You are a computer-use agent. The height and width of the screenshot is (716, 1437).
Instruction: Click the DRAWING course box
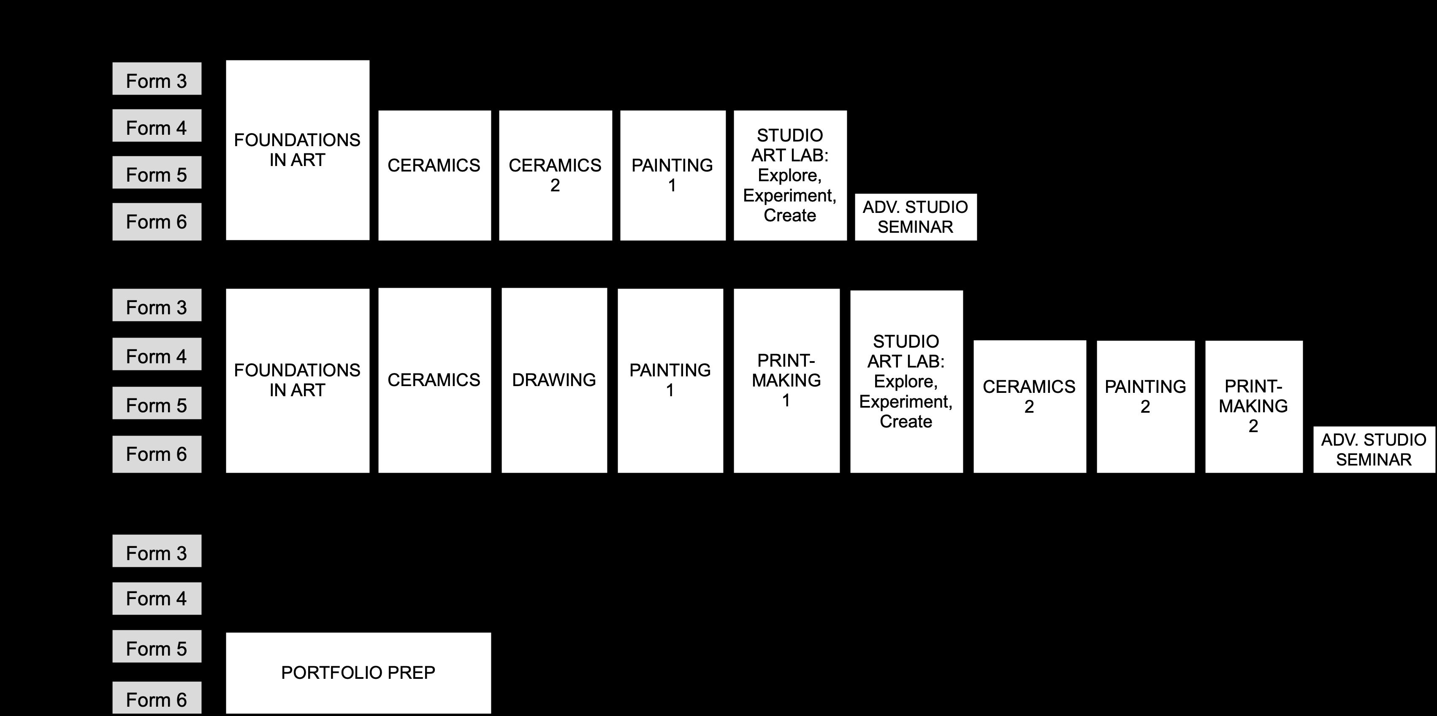coord(554,380)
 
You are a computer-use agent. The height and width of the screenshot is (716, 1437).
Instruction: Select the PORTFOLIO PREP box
coord(358,672)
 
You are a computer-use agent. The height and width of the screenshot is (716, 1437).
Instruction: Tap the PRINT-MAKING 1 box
coord(786,380)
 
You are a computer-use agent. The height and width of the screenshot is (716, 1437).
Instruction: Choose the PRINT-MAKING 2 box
coord(1253,406)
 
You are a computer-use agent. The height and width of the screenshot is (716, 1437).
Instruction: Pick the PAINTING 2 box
coord(1145,406)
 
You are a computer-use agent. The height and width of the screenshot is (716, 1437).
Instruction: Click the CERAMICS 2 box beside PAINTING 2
coord(1029,406)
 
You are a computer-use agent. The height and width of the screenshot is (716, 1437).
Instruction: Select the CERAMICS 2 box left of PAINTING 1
coord(555,175)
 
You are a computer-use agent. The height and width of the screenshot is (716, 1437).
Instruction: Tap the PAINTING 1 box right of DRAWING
coord(670,380)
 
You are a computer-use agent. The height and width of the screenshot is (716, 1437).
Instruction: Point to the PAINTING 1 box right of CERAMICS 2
coord(672,175)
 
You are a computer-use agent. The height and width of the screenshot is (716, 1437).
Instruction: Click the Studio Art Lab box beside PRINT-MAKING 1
coord(906,381)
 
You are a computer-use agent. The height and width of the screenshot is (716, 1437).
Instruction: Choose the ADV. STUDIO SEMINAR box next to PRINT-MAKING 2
coord(1373,449)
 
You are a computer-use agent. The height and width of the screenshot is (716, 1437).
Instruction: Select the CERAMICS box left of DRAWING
coord(434,380)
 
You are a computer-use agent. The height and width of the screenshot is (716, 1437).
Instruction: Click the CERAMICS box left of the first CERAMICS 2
coord(434,175)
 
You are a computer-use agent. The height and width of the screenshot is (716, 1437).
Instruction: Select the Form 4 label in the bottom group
coord(157,598)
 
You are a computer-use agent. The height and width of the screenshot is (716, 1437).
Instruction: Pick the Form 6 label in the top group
coord(157,221)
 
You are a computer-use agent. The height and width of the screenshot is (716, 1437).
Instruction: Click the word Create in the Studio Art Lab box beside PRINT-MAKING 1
coord(906,421)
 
